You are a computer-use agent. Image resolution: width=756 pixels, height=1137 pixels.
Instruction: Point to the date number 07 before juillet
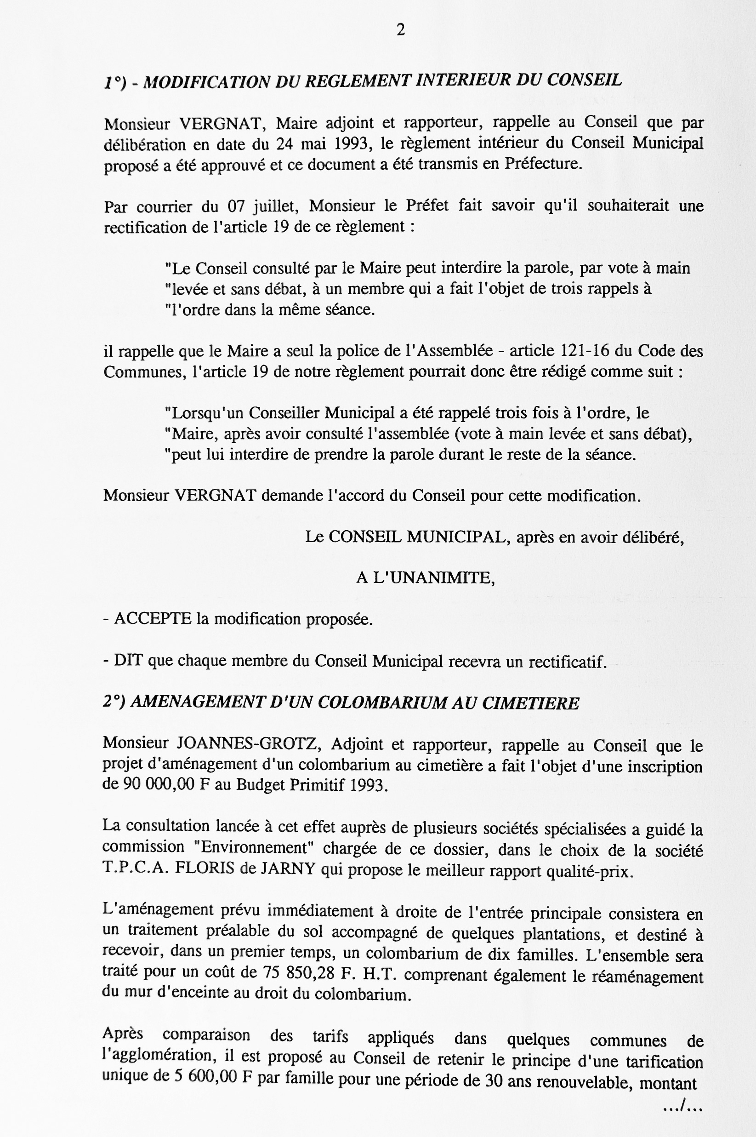[x=237, y=206]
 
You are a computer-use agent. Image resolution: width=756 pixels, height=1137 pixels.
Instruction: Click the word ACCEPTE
[x=153, y=619]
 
